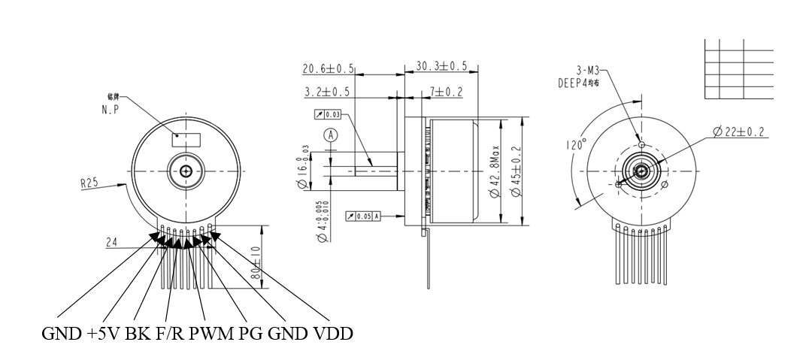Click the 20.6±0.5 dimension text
point(329,69)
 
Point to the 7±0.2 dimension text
point(446,92)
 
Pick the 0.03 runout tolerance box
point(326,115)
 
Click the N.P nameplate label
point(112,109)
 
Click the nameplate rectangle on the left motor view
point(186,140)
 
